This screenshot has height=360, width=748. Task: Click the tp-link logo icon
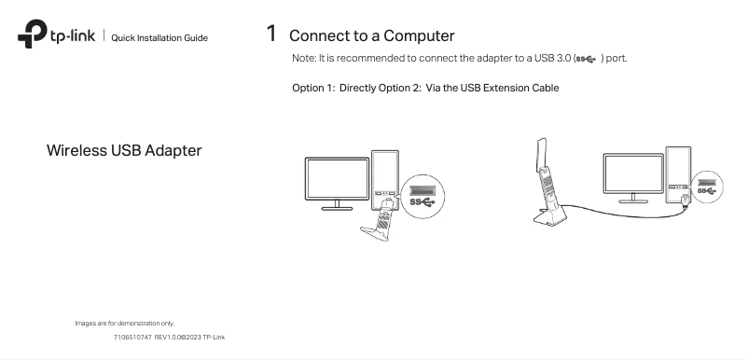coord(33,34)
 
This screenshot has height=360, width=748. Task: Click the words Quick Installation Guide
coord(159,38)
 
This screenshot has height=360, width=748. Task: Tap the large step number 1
coord(271,34)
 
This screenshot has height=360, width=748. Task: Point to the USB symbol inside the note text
coord(587,59)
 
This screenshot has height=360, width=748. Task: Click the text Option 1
coord(313,89)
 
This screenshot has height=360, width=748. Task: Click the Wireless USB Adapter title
coord(124,151)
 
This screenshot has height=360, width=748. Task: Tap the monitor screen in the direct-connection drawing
coord(337,179)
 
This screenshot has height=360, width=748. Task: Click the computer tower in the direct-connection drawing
coord(385,180)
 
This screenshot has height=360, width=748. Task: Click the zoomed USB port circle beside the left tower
coord(422,197)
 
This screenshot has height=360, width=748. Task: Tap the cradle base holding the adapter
coord(549,215)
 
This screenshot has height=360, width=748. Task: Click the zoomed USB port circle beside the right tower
coord(707,187)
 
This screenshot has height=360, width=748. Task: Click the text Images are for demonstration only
coord(125,324)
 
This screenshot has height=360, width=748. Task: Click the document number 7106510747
coord(132,337)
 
